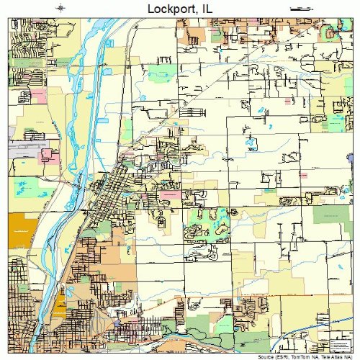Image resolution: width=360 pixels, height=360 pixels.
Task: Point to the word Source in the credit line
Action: (255, 355)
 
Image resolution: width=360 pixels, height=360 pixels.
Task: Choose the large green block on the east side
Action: (331, 214)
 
